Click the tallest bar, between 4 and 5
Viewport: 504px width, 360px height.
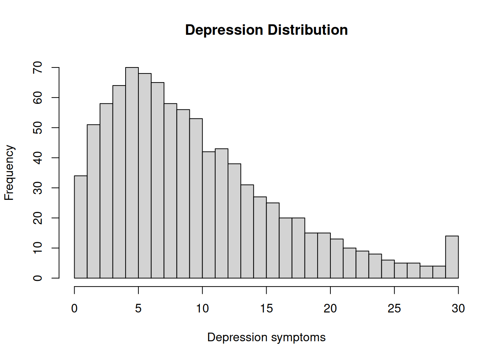coord(132,172)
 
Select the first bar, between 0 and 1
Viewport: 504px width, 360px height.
coord(81,227)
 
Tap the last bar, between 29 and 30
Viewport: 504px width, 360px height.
coord(452,257)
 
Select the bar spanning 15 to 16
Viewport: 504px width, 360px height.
coord(273,240)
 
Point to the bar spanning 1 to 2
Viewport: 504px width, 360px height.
coord(93,201)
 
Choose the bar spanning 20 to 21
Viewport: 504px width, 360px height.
coord(337,258)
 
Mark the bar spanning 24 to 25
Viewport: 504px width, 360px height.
coord(388,269)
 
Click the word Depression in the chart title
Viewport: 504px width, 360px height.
coord(224,30)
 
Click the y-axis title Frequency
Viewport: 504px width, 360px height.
coord(9,172)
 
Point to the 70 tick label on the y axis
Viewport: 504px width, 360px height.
coord(38,67)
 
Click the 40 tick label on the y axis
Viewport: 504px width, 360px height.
coord(38,158)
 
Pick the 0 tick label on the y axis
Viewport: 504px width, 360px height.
coord(38,278)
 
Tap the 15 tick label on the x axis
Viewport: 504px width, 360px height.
coord(266,309)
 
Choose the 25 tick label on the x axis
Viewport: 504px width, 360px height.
coord(394,309)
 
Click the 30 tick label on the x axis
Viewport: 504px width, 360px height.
coord(458,309)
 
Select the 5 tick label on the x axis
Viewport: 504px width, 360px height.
coord(138,309)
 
